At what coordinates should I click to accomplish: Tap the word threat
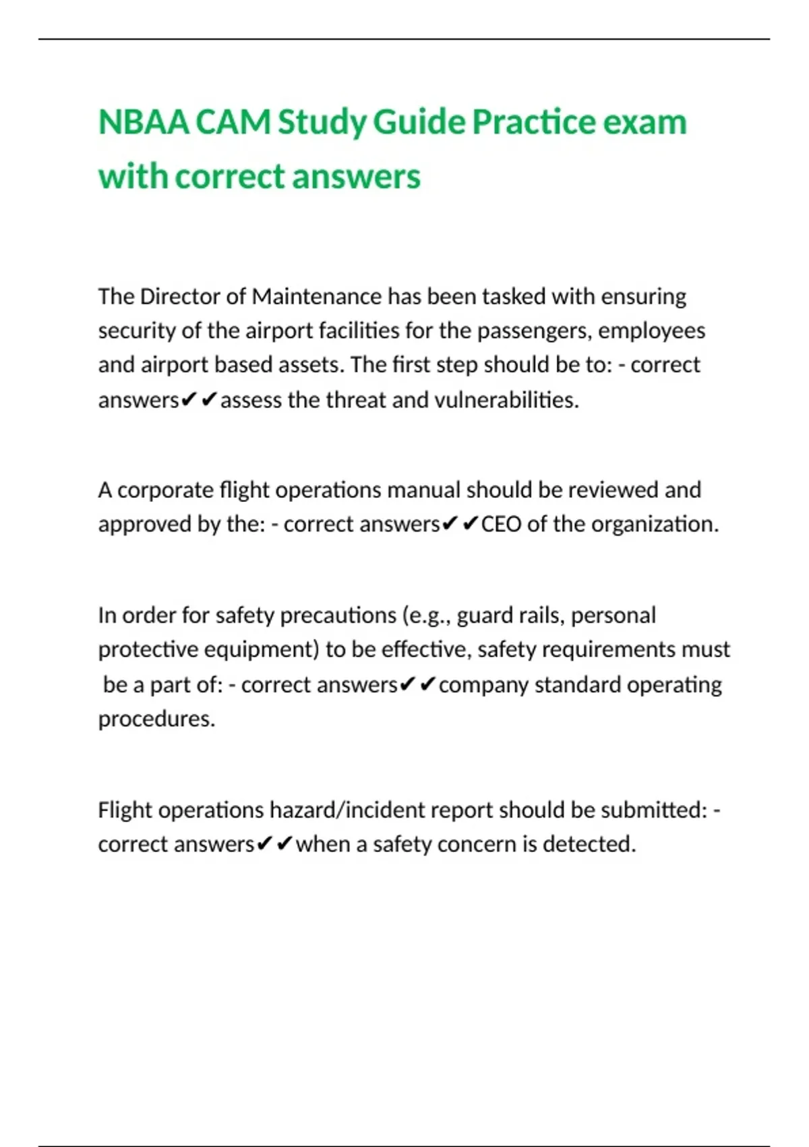click(x=356, y=400)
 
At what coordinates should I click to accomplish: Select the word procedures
click(x=156, y=719)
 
